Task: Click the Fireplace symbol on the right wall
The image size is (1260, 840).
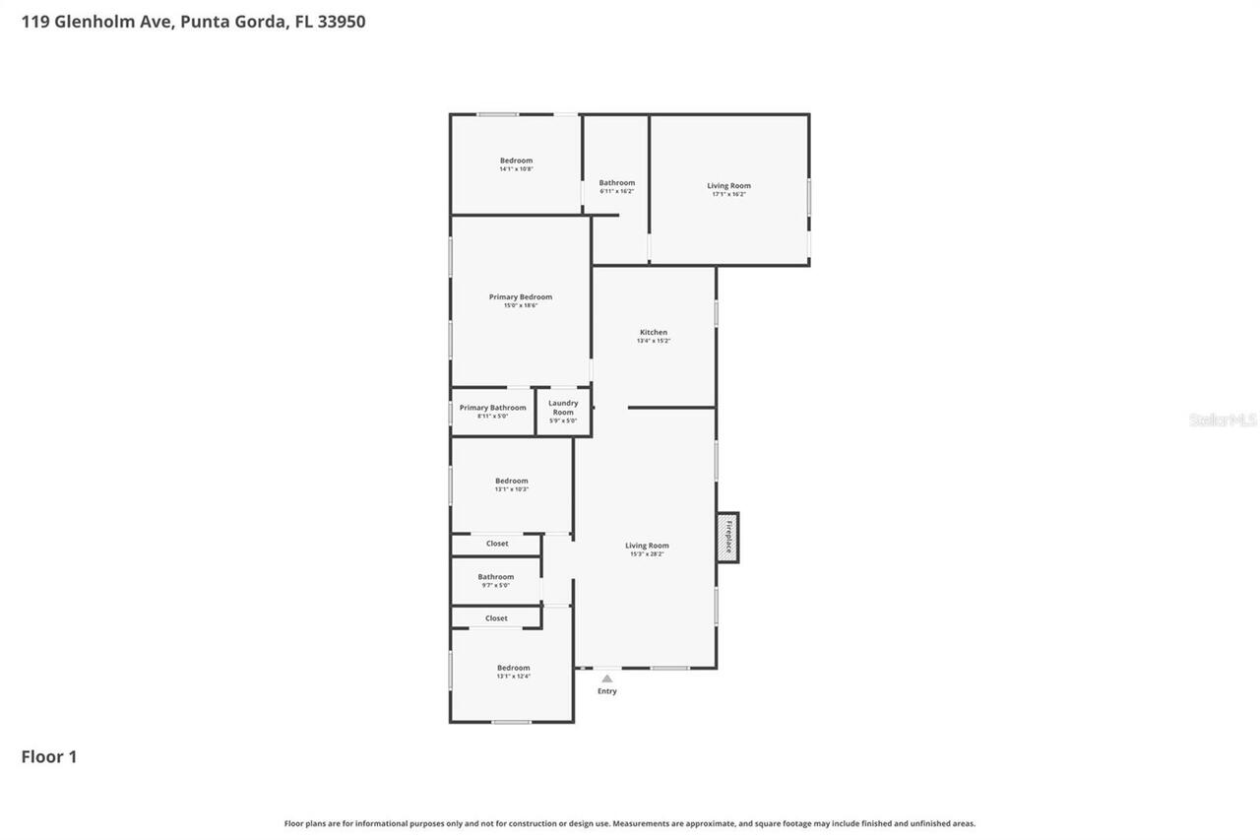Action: [727, 538]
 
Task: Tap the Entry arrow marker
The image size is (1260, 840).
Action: [607, 678]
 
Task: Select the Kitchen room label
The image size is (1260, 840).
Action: [654, 333]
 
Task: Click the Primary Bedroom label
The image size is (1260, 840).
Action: [521, 297]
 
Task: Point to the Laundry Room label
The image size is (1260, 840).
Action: [563, 408]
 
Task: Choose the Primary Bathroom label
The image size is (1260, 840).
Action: [492, 408]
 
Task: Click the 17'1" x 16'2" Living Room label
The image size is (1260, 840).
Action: [728, 186]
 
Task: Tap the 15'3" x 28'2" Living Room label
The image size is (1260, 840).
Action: [647, 546]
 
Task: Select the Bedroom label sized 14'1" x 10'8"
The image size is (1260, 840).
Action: [516, 161]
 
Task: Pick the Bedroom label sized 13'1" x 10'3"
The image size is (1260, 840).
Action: [511, 482]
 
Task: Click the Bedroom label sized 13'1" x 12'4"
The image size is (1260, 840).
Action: [513, 668]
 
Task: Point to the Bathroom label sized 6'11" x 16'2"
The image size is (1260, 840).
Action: [617, 183]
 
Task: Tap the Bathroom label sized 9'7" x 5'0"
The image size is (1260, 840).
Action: [496, 577]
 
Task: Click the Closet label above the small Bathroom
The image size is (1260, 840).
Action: [497, 544]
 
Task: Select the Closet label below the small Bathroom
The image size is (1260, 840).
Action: [496, 618]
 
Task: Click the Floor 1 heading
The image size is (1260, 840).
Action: [49, 756]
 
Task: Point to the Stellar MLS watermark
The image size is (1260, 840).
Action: [1223, 420]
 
